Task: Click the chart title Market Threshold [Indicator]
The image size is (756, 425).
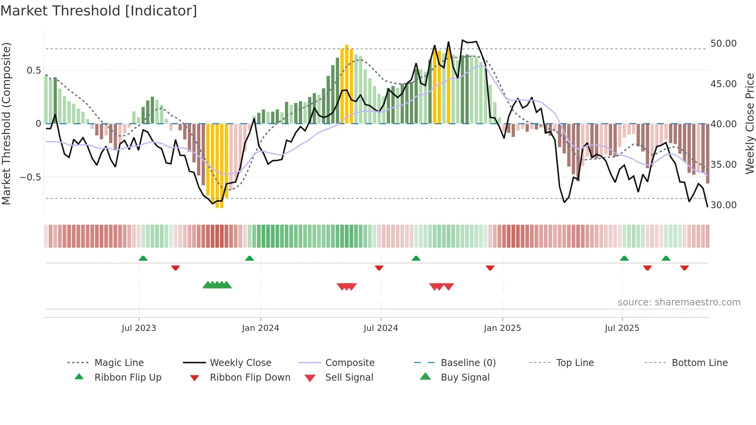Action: tap(99, 11)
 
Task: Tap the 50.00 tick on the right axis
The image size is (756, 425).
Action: tap(723, 44)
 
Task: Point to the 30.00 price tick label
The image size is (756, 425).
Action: tap(723, 205)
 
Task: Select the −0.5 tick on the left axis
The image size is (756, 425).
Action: tap(30, 177)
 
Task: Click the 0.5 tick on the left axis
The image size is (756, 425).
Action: tap(34, 71)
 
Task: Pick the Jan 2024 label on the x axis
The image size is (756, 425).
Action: tap(260, 328)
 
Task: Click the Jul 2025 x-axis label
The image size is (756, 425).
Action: tap(622, 328)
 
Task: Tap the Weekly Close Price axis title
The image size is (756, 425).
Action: tap(749, 123)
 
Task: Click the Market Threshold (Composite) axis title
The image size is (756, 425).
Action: tap(6, 123)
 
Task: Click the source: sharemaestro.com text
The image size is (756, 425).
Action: tap(679, 302)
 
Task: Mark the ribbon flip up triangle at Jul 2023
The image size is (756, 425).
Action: tap(143, 258)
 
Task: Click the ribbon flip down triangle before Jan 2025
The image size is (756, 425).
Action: tap(490, 268)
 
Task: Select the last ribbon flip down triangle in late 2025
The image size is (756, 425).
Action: tap(685, 268)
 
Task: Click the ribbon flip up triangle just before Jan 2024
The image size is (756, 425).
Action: tap(250, 258)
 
